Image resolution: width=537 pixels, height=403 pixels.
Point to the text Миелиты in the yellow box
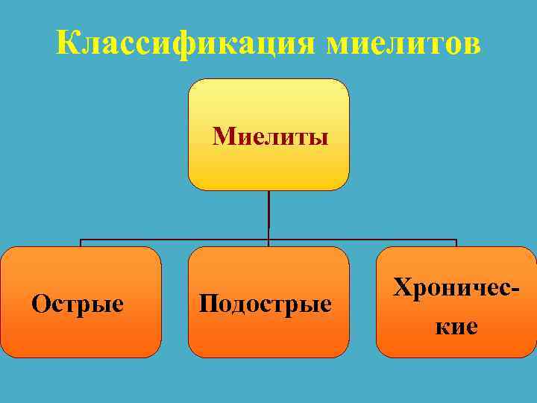coord(270,137)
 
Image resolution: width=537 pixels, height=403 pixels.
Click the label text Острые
coord(78,304)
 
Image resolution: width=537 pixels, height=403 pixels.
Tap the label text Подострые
coord(266,304)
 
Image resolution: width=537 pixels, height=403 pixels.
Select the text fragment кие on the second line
coord(456,326)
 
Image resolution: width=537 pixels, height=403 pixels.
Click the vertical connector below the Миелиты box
coord(268,215)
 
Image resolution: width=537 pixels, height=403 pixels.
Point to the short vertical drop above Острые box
coord(81,243)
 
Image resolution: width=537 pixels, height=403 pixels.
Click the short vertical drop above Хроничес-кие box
coord(456,243)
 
